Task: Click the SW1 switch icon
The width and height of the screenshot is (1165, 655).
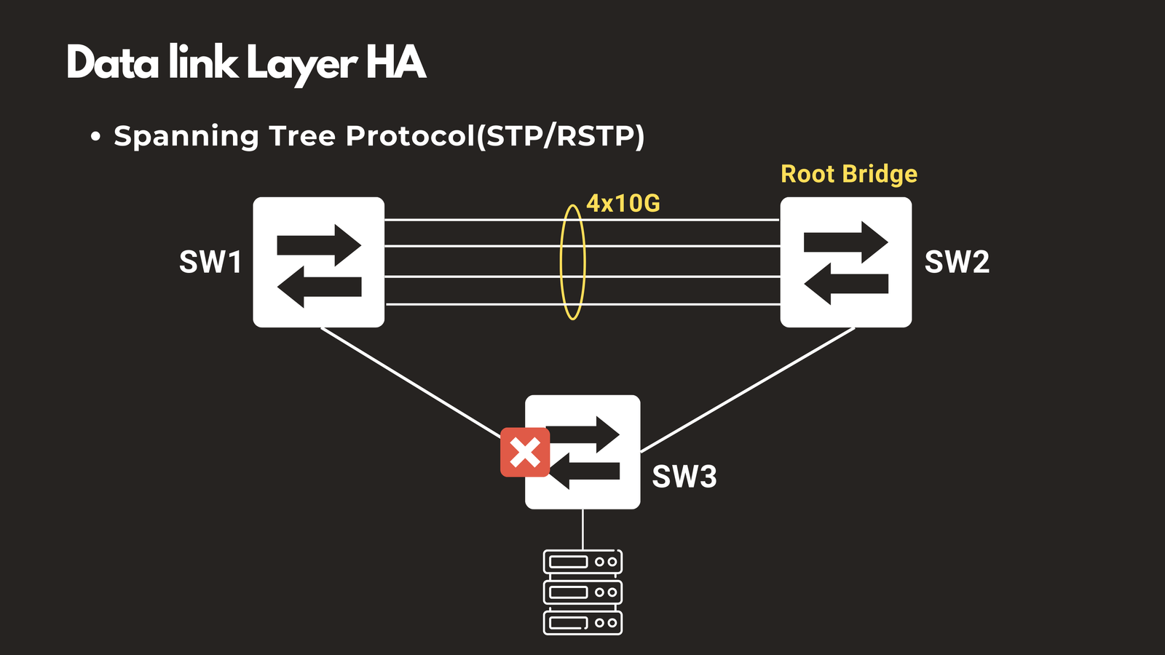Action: pyautogui.click(x=318, y=262)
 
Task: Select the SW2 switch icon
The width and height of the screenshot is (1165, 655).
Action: pyautogui.click(x=845, y=262)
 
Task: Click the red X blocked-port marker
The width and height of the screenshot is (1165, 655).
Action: pyautogui.click(x=525, y=452)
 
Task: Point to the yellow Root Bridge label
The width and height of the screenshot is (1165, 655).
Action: pyautogui.click(x=849, y=174)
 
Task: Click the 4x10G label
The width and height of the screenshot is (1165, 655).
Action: pyautogui.click(x=623, y=203)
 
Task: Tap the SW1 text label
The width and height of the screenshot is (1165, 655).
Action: pyautogui.click(x=210, y=262)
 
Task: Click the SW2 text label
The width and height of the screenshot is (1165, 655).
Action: pyautogui.click(x=957, y=262)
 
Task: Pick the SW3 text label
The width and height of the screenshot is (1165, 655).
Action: pyautogui.click(x=684, y=477)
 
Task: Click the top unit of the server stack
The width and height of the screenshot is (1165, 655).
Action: pyautogui.click(x=582, y=562)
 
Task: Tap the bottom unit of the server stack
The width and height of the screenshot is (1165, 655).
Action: pyautogui.click(x=582, y=623)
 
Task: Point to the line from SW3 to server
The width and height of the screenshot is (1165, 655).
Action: pyautogui.click(x=582, y=529)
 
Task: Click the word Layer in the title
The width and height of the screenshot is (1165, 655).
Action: pyautogui.click(x=301, y=64)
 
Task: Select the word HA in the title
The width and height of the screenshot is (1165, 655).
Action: pyautogui.click(x=395, y=63)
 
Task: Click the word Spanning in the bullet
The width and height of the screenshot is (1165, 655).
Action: pyautogui.click(x=186, y=137)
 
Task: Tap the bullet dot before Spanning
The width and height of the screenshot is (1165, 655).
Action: pyautogui.click(x=95, y=137)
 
